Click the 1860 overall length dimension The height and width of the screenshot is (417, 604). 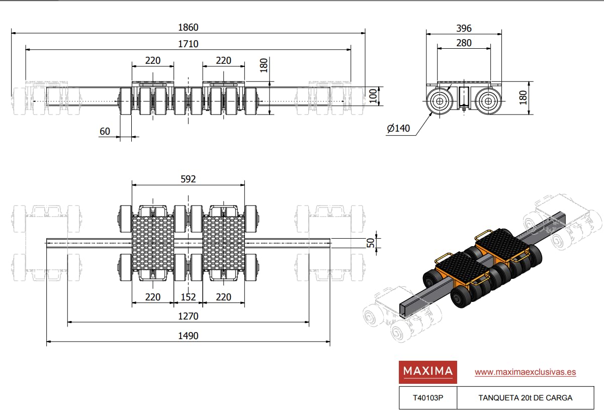pyautogui.click(x=188, y=28)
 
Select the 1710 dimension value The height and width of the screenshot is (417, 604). pyautogui.click(x=188, y=44)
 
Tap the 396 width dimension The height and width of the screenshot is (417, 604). pyautogui.click(x=464, y=28)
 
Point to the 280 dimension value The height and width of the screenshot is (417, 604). pyautogui.click(x=464, y=43)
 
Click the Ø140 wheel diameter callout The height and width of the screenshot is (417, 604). pyautogui.click(x=398, y=128)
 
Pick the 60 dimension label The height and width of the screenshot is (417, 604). pyautogui.click(x=105, y=132)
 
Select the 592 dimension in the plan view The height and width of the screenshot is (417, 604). pyautogui.click(x=188, y=179)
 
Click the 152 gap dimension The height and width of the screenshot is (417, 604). pyautogui.click(x=188, y=297)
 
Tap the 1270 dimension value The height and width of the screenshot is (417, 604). pyautogui.click(x=188, y=316)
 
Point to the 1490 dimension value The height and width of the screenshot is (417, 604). pyautogui.click(x=188, y=336)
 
